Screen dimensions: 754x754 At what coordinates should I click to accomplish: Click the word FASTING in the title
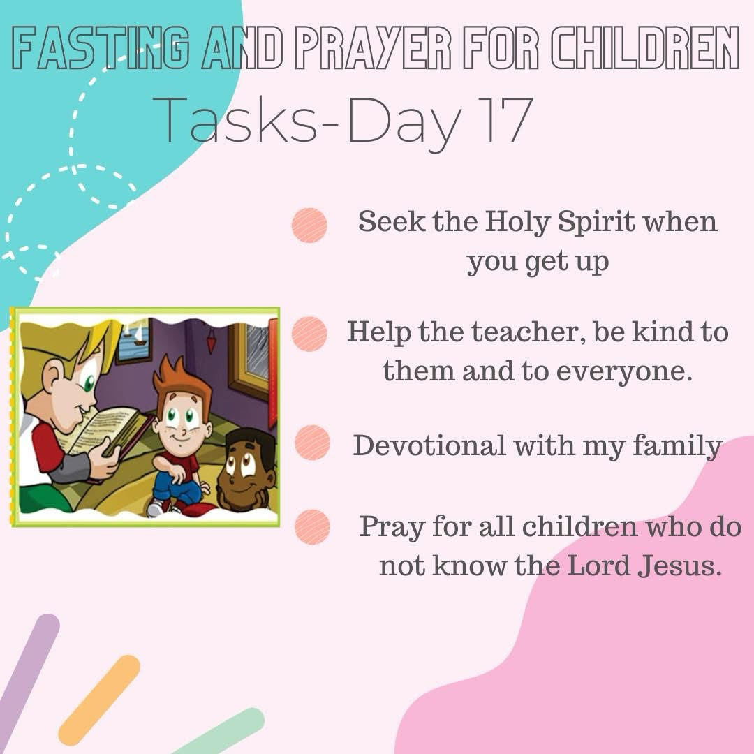pyautogui.click(x=100, y=48)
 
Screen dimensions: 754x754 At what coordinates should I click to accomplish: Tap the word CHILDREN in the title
pyautogui.click(x=645, y=48)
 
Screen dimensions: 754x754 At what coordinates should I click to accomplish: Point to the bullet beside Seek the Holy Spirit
pyautogui.click(x=309, y=225)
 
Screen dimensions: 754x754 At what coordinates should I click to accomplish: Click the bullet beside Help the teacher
pyautogui.click(x=309, y=334)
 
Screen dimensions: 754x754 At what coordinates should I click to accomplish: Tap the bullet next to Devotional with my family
pyautogui.click(x=312, y=443)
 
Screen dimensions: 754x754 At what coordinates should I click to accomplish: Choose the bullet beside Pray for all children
pyautogui.click(x=312, y=526)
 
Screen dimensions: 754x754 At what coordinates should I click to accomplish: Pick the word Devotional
pyautogui.click(x=429, y=445)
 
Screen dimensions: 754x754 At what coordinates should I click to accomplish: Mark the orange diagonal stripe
pyautogui.click(x=99, y=700)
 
